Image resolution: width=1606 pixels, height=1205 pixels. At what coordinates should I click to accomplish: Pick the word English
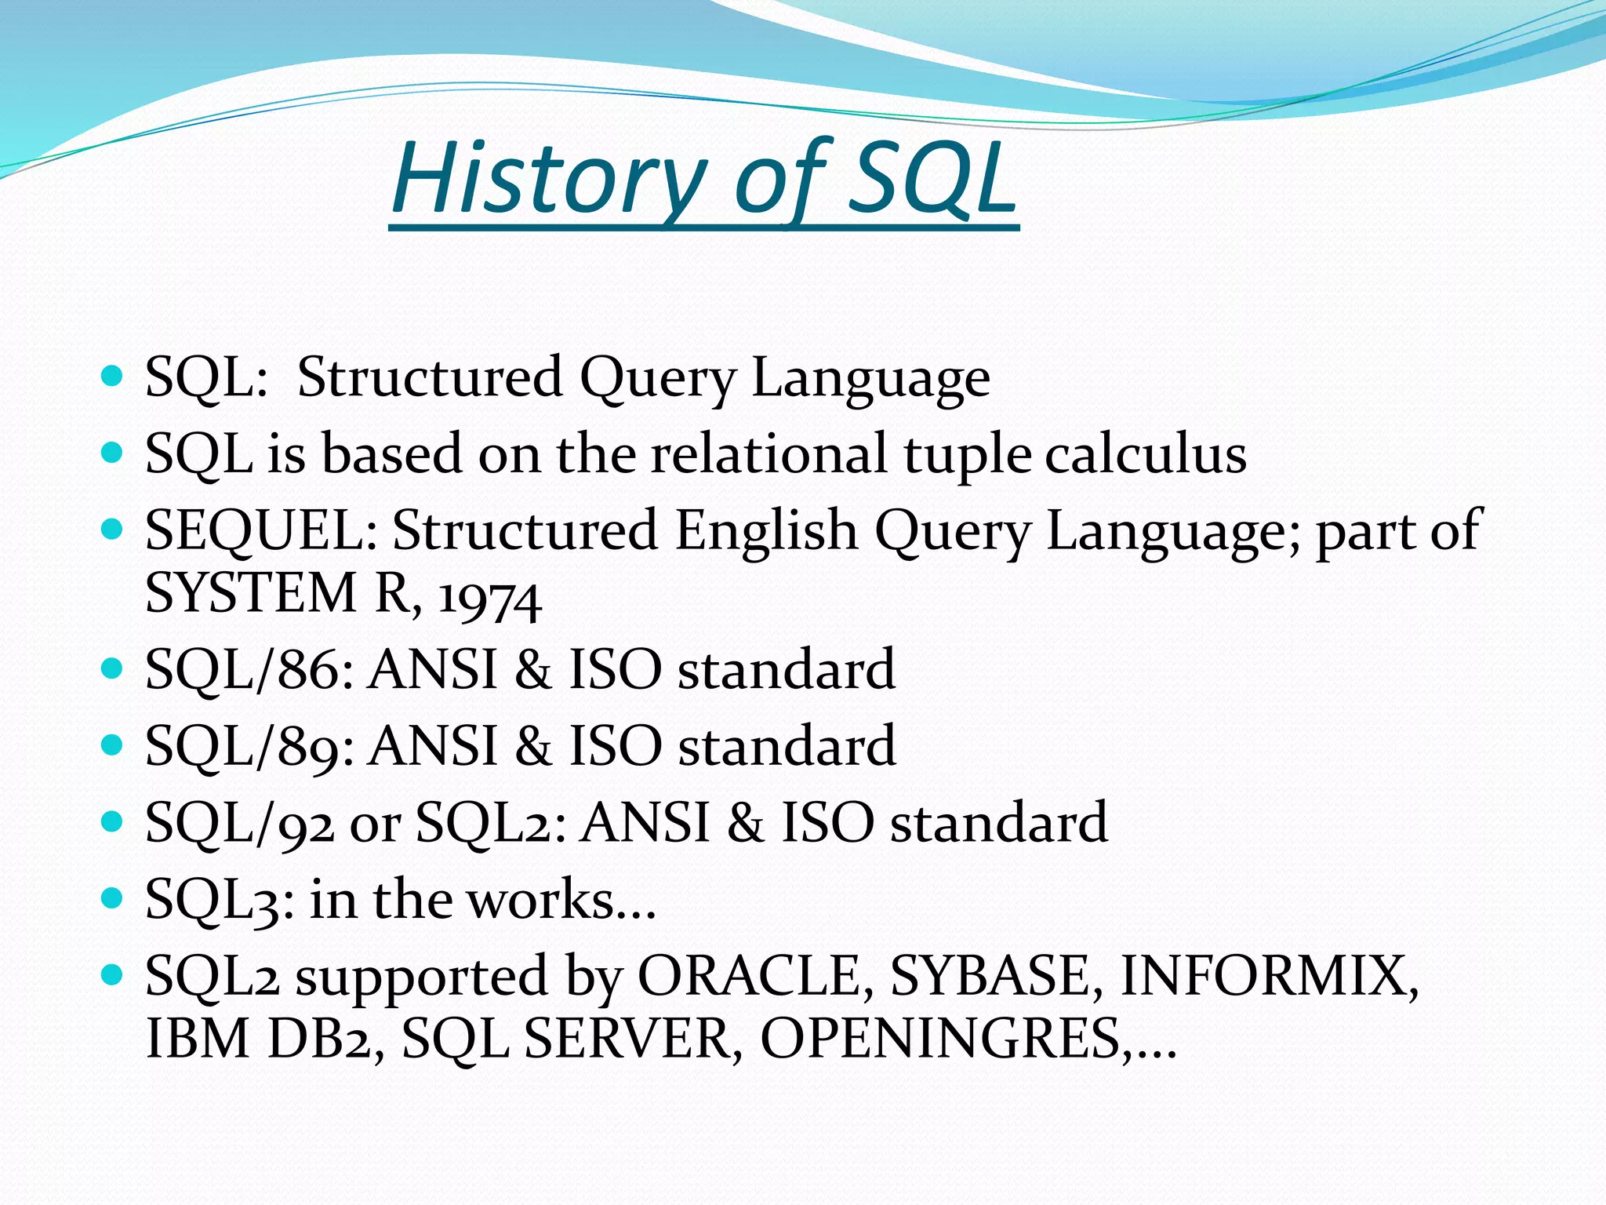766,530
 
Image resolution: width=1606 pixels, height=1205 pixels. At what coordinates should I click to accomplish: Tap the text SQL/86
249,669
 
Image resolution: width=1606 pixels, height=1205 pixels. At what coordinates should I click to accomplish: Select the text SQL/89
249,745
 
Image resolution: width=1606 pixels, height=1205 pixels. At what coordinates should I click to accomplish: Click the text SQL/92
240,822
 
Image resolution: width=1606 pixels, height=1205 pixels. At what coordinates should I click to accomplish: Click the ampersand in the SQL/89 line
532,745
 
